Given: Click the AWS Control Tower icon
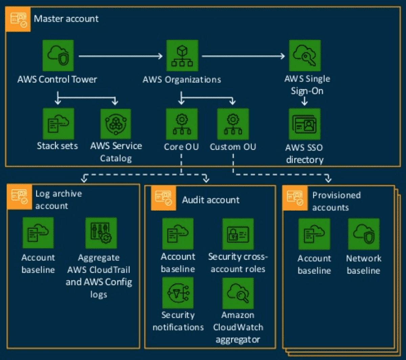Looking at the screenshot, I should [x=58, y=56].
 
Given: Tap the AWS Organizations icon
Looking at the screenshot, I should [x=182, y=56].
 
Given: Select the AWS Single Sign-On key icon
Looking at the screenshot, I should [x=304, y=56].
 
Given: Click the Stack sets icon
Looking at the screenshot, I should [x=58, y=124].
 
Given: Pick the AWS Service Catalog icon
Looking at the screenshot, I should [x=116, y=124].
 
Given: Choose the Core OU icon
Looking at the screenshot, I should [x=182, y=124].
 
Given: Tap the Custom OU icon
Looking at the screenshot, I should [x=233, y=124].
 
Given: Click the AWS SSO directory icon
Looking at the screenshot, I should [x=304, y=124].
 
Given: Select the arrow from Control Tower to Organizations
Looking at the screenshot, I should [x=120, y=56].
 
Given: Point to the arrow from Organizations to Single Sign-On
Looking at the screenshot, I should [x=243, y=56].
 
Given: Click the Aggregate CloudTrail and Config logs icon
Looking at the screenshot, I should [x=101, y=233].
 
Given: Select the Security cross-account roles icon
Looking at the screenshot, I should [x=238, y=234].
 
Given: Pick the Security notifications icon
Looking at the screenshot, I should [x=178, y=293].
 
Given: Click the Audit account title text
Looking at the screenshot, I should [x=210, y=200].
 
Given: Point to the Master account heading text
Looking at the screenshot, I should [x=66, y=19].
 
